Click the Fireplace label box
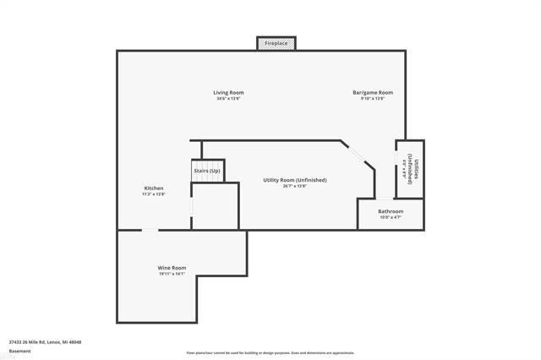276,43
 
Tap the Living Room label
228,92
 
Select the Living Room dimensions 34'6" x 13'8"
228,99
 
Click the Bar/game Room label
373,92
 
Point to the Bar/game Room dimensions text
373,99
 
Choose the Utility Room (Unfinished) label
294,180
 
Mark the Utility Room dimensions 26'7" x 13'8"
294,187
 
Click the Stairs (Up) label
207,171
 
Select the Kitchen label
154,188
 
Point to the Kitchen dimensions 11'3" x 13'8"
154,194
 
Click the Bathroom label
391,211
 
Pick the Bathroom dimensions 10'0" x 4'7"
391,218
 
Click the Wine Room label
172,268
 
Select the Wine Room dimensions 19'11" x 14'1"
172,274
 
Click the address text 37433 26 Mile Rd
45,342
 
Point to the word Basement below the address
19,351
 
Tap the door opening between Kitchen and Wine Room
150,230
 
